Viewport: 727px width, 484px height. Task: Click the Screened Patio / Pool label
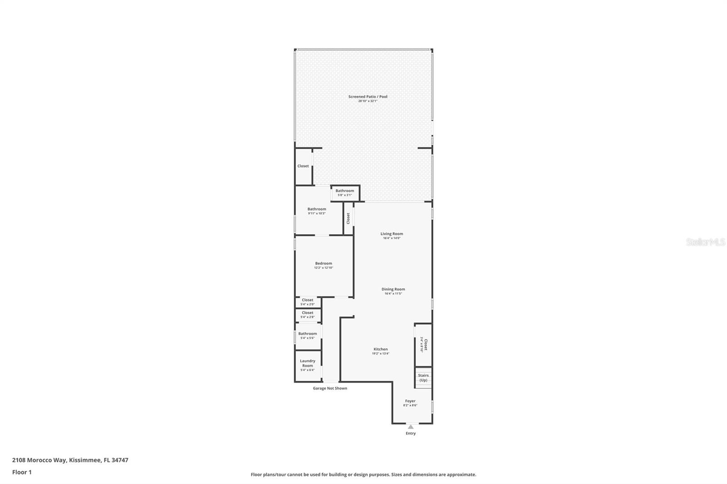coord(368,97)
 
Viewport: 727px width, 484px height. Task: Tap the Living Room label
coord(392,234)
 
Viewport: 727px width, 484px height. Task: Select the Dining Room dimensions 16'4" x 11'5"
coord(393,294)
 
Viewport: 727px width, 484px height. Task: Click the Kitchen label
coord(381,349)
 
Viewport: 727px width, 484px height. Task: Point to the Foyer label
coord(410,401)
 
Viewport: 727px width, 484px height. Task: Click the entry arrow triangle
coord(411,427)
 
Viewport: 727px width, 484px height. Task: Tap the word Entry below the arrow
coord(411,434)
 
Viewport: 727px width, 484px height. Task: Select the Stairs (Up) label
coord(423,378)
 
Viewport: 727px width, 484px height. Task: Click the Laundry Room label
coord(308,363)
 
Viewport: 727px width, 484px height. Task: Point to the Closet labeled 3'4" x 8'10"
coord(423,345)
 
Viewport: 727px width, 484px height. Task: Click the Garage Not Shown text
coord(330,388)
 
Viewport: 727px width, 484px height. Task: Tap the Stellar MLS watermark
coord(705,242)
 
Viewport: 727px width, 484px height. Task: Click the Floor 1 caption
coord(22,472)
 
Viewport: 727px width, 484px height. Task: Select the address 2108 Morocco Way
coord(40,460)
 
